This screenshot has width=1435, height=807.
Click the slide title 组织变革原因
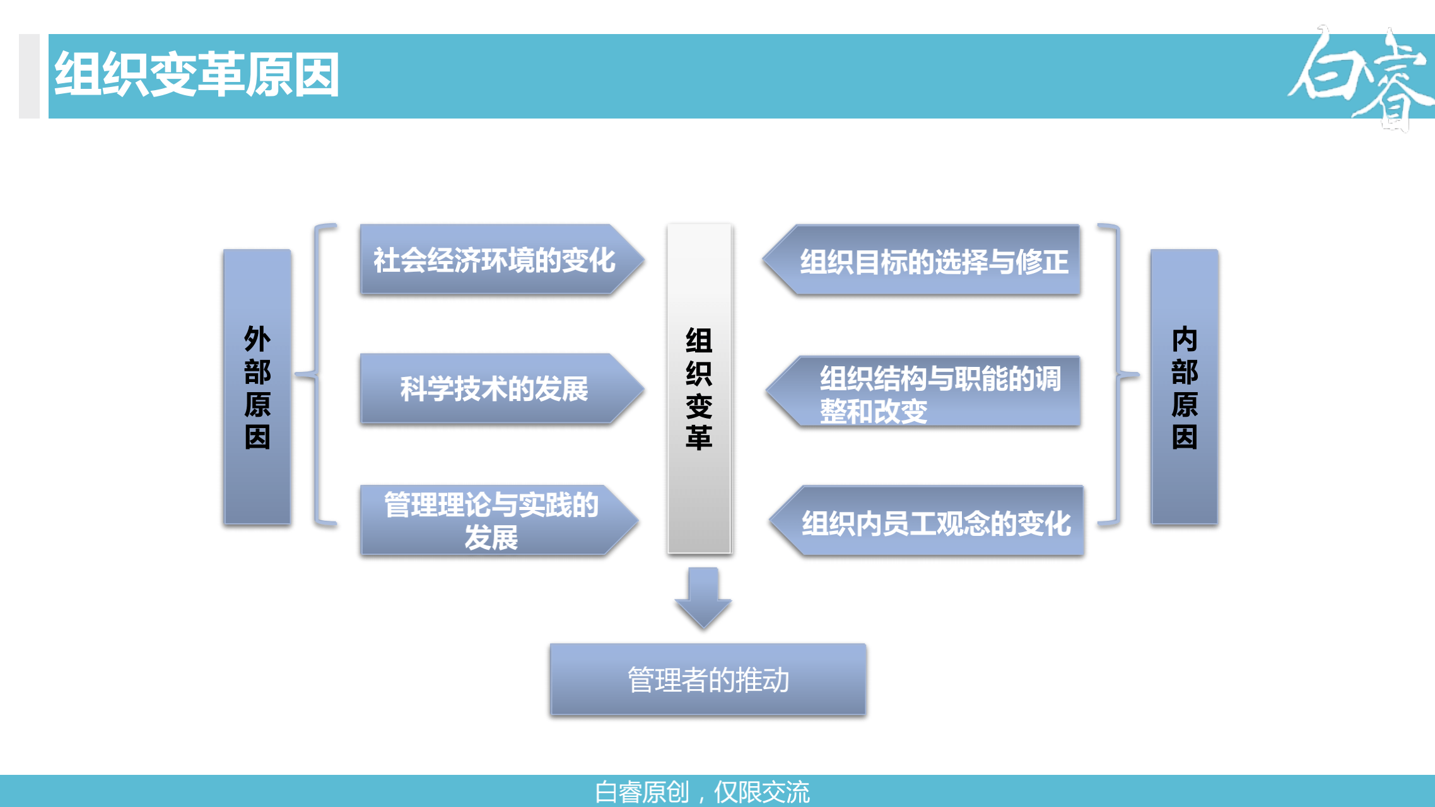pyautogui.click(x=197, y=74)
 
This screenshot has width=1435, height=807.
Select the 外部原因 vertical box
pyautogui.click(x=257, y=386)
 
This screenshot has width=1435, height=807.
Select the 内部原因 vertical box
pyautogui.click(x=1185, y=386)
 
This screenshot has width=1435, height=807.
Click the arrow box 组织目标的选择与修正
pyautogui.click(x=921, y=260)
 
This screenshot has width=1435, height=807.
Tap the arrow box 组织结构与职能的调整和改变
pyautogui.click(x=923, y=391)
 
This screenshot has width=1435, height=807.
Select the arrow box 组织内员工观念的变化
pyautogui.click(x=926, y=521)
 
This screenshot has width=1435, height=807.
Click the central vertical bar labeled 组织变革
pyautogui.click(x=700, y=388)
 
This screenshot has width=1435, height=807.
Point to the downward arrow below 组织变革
pyautogui.click(x=703, y=598)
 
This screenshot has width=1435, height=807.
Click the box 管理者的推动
pyautogui.click(x=708, y=680)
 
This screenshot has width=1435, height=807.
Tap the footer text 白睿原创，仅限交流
pyautogui.click(x=702, y=792)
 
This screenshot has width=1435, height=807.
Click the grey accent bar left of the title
pyautogui.click(x=29, y=76)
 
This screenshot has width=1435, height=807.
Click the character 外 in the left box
pyautogui.click(x=257, y=339)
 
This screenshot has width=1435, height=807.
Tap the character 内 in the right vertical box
pyautogui.click(x=1185, y=339)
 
